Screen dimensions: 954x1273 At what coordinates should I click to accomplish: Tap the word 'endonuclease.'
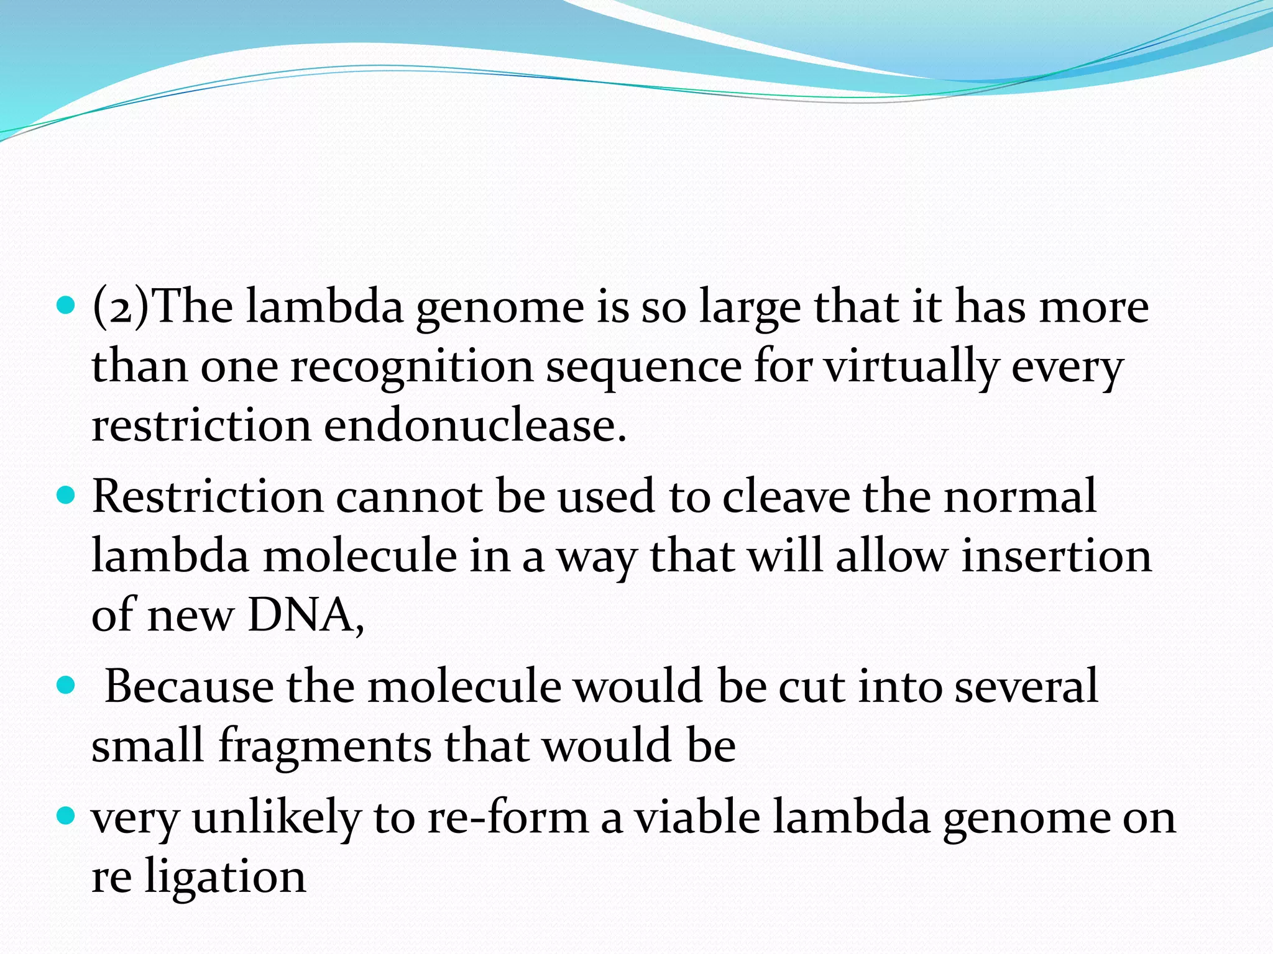475,426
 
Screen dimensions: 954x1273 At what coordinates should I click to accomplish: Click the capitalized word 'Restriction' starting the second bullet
208,497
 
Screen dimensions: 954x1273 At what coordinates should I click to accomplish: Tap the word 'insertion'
1056,556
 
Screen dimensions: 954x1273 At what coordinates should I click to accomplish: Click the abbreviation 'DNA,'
306,616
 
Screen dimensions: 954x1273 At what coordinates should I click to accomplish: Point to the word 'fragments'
323,745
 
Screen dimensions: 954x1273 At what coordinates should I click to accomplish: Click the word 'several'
1026,687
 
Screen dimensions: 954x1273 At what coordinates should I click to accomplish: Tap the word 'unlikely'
276,818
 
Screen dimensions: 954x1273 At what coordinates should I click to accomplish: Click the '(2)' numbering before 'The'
121,307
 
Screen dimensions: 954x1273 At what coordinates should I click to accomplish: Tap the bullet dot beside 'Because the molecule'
65,686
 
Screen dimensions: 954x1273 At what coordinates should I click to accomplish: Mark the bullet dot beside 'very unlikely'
65,815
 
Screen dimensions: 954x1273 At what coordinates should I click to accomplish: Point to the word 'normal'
1020,497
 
